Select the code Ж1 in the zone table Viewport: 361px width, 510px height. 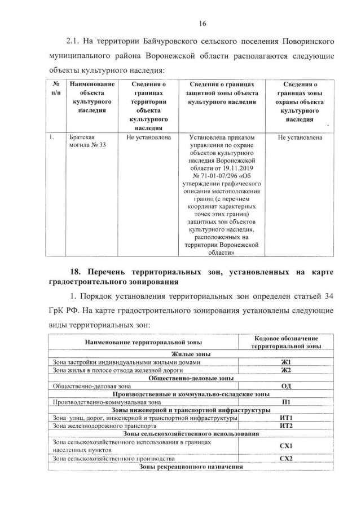[285, 362]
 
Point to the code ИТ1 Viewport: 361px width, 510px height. [286, 418]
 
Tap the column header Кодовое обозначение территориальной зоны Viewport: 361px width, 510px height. [287, 342]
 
